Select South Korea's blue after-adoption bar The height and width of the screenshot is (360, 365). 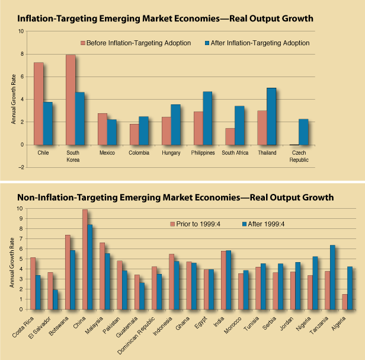coord(79,119)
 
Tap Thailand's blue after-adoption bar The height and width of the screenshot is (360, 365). coord(271,116)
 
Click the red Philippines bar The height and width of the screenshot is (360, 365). coord(198,128)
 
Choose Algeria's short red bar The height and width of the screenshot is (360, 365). coord(345,301)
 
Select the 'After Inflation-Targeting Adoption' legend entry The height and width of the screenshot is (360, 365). coord(254,43)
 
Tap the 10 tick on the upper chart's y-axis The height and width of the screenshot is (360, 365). coord(21,31)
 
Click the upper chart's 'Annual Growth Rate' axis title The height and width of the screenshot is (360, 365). coord(13,99)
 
